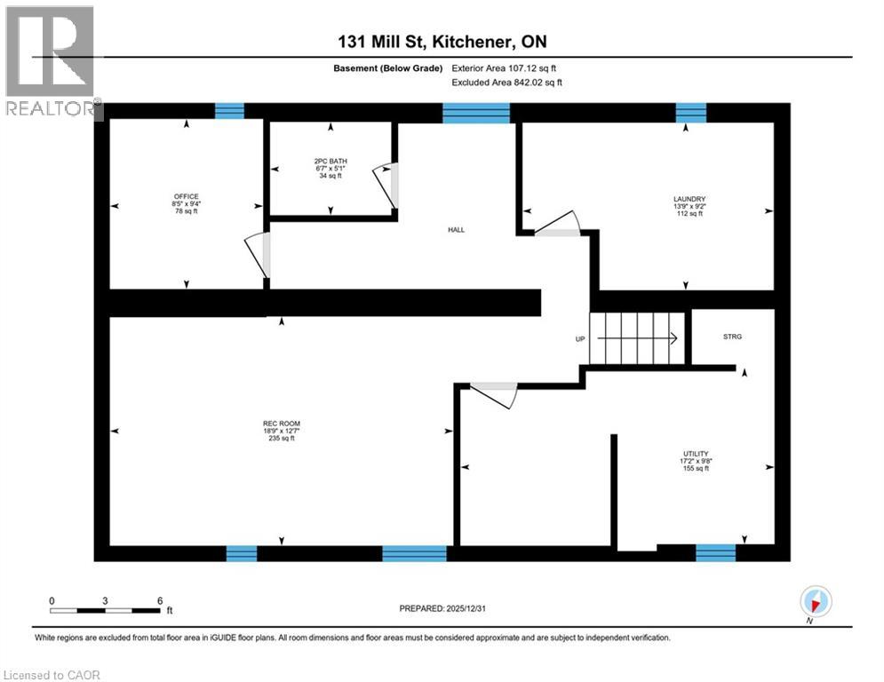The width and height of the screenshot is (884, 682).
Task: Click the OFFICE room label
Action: tap(187, 196)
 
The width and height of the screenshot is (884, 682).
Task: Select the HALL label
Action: tap(455, 230)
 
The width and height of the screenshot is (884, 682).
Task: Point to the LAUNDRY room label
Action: tap(689, 199)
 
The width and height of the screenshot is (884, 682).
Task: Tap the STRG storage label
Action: tap(732, 337)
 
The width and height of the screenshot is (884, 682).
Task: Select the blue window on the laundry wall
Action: tap(690, 112)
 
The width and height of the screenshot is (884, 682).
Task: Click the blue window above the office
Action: tap(229, 111)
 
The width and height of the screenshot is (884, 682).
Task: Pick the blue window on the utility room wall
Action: tap(715, 552)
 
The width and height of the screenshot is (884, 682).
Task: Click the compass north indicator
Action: tap(815, 602)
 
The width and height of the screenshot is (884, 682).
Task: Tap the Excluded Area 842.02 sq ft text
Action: tap(507, 83)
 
